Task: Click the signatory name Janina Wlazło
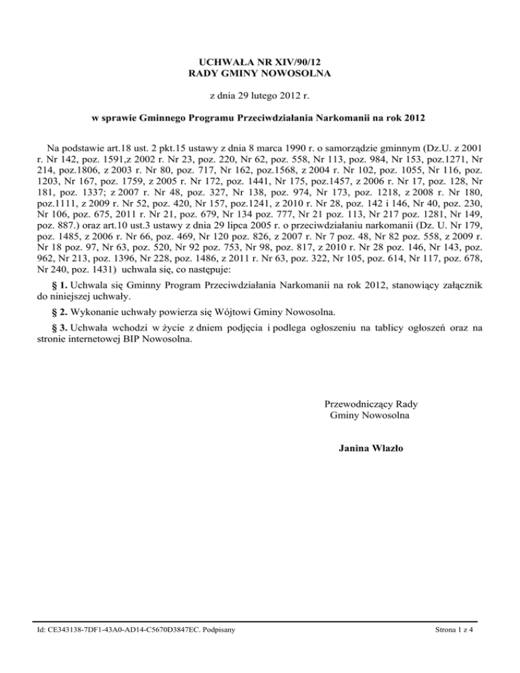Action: (368, 449)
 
